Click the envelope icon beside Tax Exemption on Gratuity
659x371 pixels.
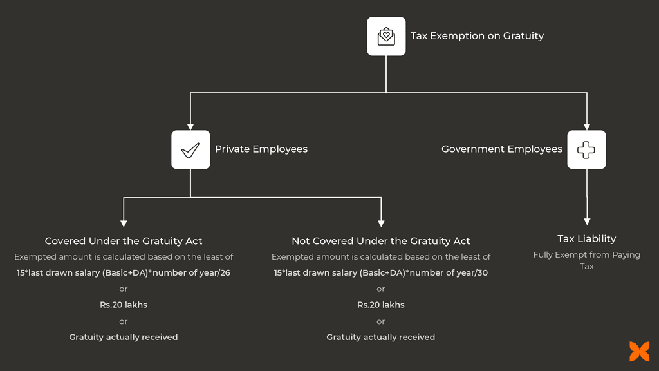coord(386,36)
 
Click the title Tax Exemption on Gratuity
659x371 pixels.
coord(477,36)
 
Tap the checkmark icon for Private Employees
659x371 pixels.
coord(190,149)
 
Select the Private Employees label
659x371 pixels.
coord(261,149)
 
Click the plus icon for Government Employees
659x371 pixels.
coord(586,149)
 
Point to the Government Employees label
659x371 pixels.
coord(501,149)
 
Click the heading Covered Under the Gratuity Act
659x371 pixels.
coord(124,241)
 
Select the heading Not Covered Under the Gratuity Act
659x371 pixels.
coord(381,241)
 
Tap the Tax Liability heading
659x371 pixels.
coord(586,239)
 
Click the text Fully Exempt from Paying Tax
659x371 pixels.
coord(586,260)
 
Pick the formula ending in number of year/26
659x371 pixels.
coord(124,273)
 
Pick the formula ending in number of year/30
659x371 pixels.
coord(381,273)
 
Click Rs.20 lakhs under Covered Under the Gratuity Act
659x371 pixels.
coord(124,305)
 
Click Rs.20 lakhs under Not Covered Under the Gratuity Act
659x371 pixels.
coord(381,305)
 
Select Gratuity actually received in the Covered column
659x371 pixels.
coord(124,337)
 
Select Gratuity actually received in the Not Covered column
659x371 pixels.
coord(381,337)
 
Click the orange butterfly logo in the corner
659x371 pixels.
coord(639,352)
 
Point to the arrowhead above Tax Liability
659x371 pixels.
coord(586,220)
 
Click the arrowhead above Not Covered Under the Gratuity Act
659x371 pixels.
coord(381,223)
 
